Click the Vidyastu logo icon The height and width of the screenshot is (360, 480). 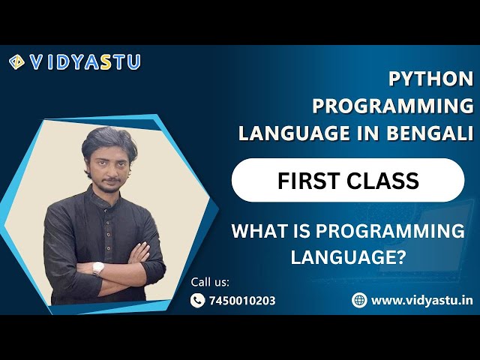pyautogui.click(x=16, y=62)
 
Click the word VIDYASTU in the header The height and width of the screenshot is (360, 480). pyautogui.click(x=85, y=62)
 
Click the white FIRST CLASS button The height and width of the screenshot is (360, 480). pyautogui.click(x=347, y=180)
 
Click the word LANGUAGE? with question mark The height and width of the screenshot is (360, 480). pyautogui.click(x=348, y=257)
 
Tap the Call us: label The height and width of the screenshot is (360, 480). pyautogui.click(x=210, y=282)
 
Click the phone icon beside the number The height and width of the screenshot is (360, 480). pyautogui.click(x=198, y=301)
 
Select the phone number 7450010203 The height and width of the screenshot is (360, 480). pyautogui.click(x=244, y=301)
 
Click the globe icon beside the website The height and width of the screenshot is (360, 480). pyautogui.click(x=359, y=300)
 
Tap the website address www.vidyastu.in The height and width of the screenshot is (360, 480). pyautogui.click(x=422, y=300)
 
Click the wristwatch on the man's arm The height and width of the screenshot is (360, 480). pyautogui.click(x=97, y=268)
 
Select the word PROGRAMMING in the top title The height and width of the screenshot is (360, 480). pyautogui.click(x=393, y=106)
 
